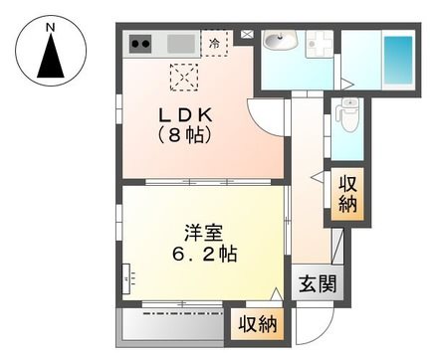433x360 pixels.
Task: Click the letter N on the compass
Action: (51, 28)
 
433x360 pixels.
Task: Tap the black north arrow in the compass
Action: (51, 56)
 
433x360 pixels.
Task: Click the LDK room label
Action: (185, 115)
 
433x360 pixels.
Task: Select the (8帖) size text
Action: (185, 135)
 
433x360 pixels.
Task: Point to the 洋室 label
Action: (203, 233)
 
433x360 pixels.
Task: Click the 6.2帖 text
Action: (204, 255)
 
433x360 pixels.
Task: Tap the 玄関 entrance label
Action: (318, 283)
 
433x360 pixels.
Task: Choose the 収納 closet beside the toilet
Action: (347, 194)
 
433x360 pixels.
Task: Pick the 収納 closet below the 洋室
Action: (258, 324)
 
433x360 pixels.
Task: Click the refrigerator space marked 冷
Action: (214, 43)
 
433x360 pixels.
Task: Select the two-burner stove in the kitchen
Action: (140, 44)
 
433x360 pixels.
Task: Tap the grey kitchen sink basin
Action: (181, 44)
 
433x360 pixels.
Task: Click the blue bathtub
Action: (398, 60)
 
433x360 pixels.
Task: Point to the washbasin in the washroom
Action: (281, 41)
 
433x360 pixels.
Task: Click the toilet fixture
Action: (346, 114)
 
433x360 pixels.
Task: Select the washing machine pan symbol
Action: (320, 44)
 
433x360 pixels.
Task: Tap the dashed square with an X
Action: (184, 78)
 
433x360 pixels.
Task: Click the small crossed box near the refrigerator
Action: (246, 34)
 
